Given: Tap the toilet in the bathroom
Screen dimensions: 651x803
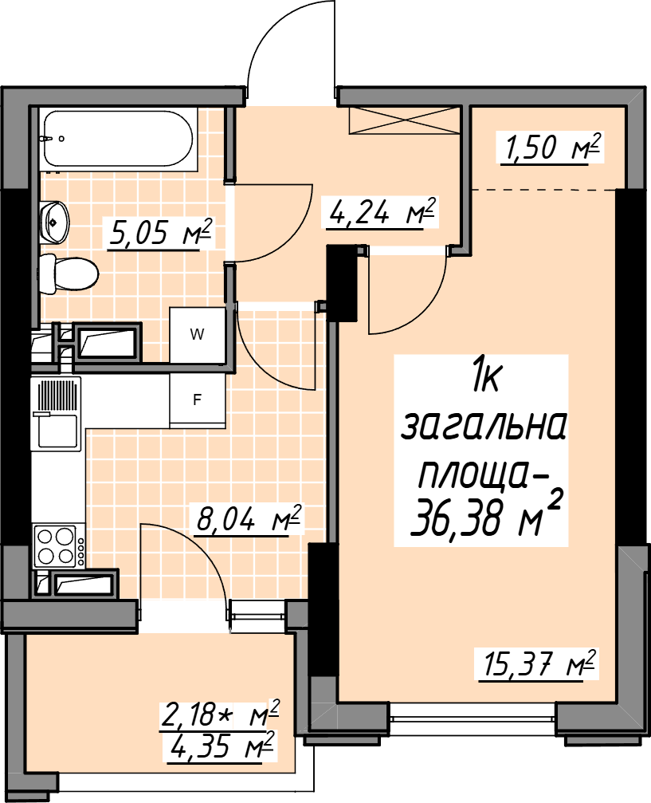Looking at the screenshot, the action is tap(69, 274).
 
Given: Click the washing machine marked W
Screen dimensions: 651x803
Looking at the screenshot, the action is tap(197, 335).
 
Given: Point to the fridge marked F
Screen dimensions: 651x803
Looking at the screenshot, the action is tap(197, 400).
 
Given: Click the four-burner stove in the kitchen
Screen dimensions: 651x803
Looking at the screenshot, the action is tap(58, 546).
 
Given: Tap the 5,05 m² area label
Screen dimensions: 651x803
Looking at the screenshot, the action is tap(159, 234).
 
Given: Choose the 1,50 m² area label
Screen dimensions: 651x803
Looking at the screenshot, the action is tap(549, 148).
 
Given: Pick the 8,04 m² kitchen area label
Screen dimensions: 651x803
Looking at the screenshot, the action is tap(249, 519).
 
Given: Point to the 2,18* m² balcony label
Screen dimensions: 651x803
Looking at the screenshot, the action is tap(220, 714).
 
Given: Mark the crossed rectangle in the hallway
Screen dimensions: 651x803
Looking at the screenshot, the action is tap(404, 121).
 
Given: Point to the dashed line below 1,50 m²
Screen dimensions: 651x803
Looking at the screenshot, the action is tap(543, 190).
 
